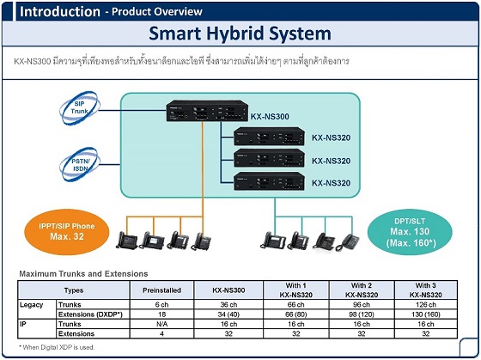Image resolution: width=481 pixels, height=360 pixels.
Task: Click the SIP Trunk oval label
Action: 79,107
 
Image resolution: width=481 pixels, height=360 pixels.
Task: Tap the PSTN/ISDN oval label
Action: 80,165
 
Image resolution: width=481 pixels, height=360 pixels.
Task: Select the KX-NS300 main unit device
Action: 207,111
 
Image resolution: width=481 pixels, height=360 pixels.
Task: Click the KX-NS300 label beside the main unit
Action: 270,117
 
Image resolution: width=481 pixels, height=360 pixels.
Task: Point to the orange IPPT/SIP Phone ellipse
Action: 67,232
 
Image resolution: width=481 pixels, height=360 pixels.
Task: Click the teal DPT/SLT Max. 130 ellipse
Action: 410,232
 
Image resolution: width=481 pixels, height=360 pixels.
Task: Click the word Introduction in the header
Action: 60,12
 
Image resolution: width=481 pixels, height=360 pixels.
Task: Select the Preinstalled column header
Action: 161,290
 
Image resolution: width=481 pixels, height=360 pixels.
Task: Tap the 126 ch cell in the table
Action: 426,305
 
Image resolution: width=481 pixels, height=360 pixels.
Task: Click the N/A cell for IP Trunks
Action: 161,324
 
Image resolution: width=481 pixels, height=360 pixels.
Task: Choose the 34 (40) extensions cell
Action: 228,314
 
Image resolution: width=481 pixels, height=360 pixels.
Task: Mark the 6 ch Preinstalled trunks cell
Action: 161,305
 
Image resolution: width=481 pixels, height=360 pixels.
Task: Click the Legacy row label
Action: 31,305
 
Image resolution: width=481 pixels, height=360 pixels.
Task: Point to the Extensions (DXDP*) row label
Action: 90,314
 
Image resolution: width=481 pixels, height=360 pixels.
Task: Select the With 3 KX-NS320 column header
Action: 426,290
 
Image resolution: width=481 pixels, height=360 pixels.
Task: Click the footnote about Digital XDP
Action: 57,347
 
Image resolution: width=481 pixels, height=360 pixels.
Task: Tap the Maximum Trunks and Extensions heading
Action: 83,274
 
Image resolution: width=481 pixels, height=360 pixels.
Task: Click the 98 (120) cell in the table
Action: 362,314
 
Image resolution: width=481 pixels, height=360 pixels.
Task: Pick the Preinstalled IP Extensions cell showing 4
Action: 161,333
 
